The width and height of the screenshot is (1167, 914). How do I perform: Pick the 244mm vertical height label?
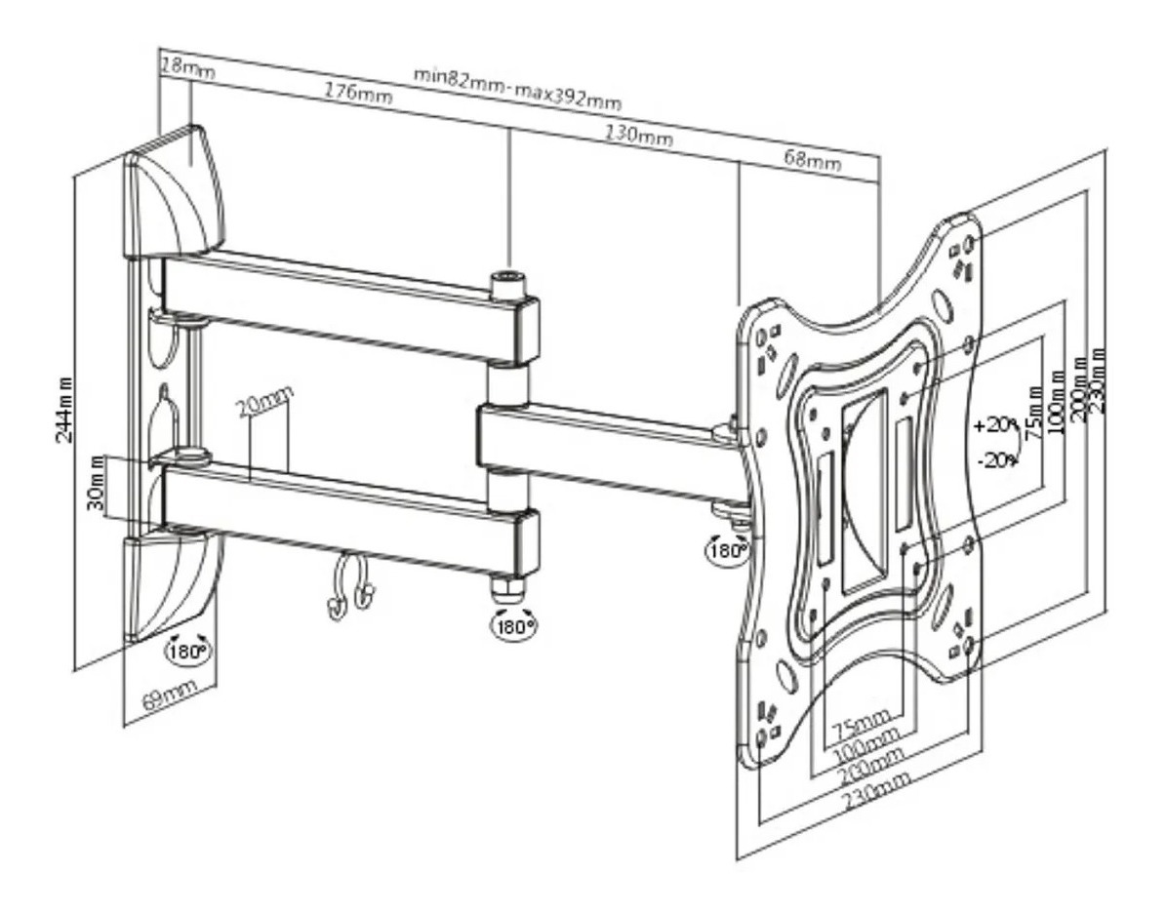pos(66,410)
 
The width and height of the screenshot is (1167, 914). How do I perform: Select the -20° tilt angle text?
pos(996,458)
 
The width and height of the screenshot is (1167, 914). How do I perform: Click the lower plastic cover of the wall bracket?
pos(171,585)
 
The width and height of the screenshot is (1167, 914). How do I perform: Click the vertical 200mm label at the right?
pos(1080,386)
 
